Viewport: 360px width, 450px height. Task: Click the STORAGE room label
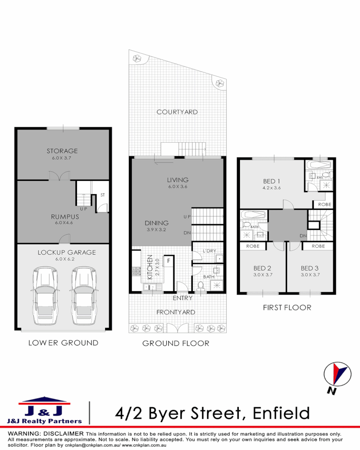point(62,151)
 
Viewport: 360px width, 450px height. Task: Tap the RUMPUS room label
point(65,217)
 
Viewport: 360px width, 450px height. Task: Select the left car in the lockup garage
point(44,295)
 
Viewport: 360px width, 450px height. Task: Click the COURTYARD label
point(177,112)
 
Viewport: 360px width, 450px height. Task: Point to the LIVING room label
point(178,180)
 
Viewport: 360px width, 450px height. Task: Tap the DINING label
point(157,223)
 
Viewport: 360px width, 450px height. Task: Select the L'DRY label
point(209,250)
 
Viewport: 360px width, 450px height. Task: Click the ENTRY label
point(182,298)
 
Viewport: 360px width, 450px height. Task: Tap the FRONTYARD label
point(175,312)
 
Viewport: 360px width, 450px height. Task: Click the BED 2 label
point(262,268)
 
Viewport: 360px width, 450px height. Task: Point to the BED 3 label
point(310,268)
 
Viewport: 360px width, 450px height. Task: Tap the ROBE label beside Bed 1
point(325,205)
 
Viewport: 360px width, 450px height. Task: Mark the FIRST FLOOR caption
point(287,307)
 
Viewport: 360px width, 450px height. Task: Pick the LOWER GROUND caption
point(63,343)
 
